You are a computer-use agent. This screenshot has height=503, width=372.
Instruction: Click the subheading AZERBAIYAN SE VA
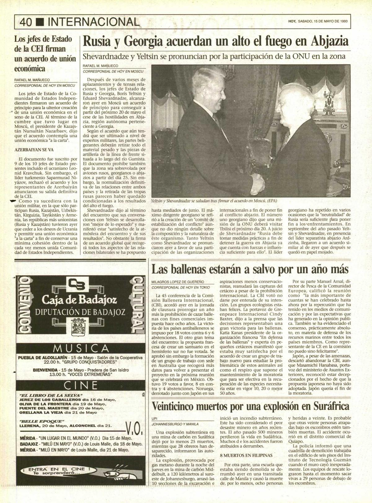point(34,150)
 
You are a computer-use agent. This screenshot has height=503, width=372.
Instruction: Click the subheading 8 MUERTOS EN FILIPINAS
point(246,456)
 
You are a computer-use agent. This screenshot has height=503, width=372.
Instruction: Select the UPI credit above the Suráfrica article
point(155,418)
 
